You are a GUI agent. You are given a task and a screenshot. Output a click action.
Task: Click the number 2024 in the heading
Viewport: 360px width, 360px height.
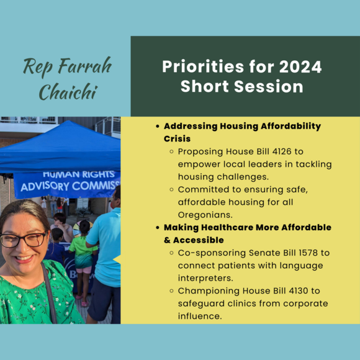[300, 66]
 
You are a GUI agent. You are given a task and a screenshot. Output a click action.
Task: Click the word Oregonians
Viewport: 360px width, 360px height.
[205, 214]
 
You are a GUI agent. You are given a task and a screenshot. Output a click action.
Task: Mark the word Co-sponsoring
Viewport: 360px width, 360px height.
[212, 253]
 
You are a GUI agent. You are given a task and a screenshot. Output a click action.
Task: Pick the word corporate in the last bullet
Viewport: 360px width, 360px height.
[300, 303]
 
